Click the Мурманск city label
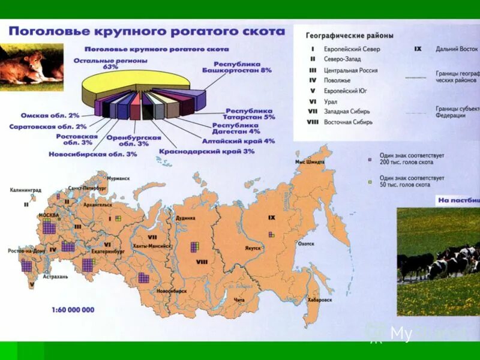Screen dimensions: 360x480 [118, 178]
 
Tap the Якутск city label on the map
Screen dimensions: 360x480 [253, 248]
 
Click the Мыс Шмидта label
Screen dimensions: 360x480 [310, 163]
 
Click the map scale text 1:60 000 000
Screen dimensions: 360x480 [73, 310]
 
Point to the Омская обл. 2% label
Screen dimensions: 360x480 [50, 115]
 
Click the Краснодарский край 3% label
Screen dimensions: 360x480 [206, 151]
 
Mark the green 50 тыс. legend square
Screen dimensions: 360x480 [371, 181]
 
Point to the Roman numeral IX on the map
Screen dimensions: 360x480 [271, 217]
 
